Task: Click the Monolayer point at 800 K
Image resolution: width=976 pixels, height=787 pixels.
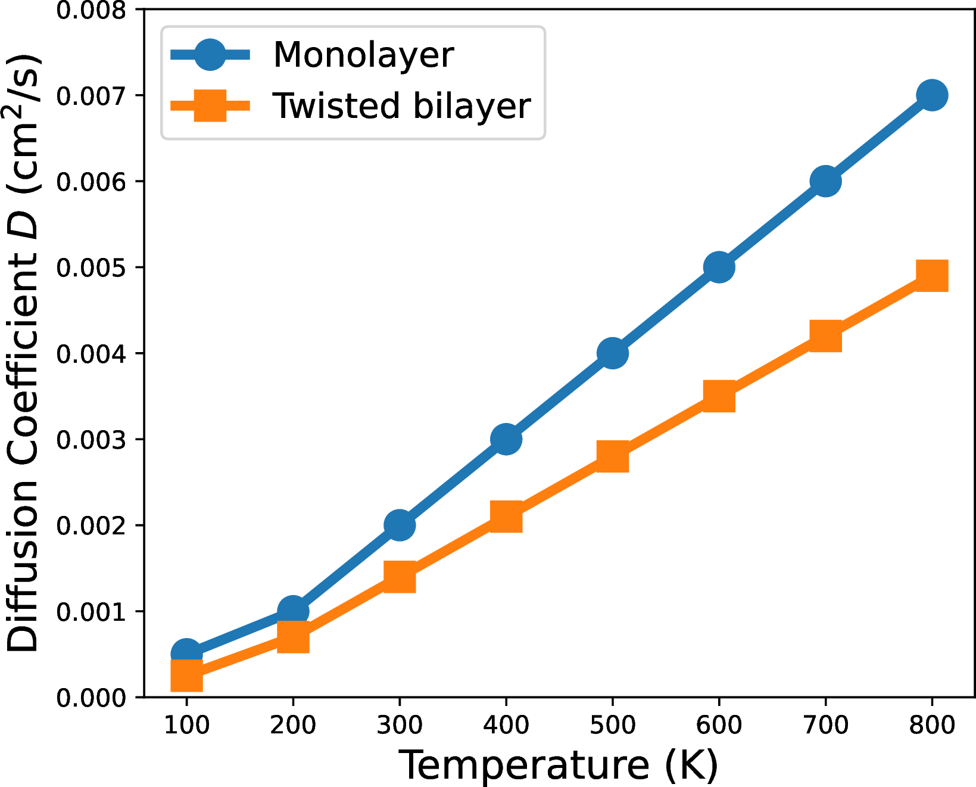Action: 932,95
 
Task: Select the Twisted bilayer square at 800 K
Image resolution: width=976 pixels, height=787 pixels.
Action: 932,275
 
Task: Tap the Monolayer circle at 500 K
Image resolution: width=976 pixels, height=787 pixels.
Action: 612,353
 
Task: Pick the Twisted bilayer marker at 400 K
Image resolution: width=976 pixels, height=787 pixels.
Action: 506,516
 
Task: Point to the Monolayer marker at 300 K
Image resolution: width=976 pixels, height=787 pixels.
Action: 400,525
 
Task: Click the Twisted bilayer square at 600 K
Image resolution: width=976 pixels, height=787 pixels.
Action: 719,397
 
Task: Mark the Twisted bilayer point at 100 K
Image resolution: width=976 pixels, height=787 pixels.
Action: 186,675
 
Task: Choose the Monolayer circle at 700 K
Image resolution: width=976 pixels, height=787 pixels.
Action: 825,181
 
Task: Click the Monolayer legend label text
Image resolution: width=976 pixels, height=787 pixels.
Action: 363,55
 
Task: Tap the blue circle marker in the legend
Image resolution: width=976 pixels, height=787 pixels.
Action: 210,55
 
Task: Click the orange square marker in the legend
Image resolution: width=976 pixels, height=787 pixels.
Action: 210,106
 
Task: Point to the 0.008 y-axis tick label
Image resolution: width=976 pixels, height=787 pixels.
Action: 91,10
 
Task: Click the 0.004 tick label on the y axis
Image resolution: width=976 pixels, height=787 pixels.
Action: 91,354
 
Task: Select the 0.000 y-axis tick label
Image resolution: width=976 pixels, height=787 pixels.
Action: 91,698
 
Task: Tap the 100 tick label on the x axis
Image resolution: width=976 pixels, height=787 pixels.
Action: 186,725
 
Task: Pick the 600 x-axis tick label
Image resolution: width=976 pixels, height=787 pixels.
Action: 719,725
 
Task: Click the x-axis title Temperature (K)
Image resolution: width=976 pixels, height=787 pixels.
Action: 558,765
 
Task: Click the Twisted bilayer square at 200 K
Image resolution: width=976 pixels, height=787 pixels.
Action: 293,637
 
